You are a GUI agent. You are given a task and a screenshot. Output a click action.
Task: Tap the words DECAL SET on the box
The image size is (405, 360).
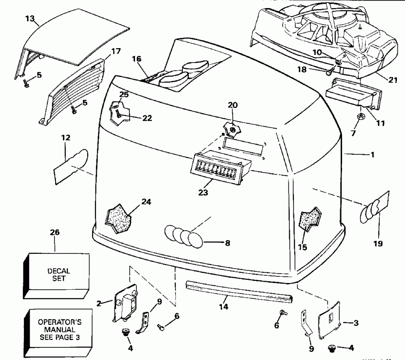[x=58, y=274]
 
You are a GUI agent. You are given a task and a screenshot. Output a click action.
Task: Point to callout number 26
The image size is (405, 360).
[x=54, y=233]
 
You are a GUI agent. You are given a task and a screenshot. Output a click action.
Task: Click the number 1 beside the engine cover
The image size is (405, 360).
[x=372, y=154]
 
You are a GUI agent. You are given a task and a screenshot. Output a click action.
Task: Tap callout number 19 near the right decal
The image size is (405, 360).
[x=378, y=243]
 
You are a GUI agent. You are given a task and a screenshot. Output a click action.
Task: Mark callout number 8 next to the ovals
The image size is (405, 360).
[x=227, y=243]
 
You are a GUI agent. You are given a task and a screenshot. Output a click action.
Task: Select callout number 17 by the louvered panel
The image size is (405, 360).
[x=116, y=51]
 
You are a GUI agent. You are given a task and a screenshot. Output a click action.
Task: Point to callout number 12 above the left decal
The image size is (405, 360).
[x=66, y=138]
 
